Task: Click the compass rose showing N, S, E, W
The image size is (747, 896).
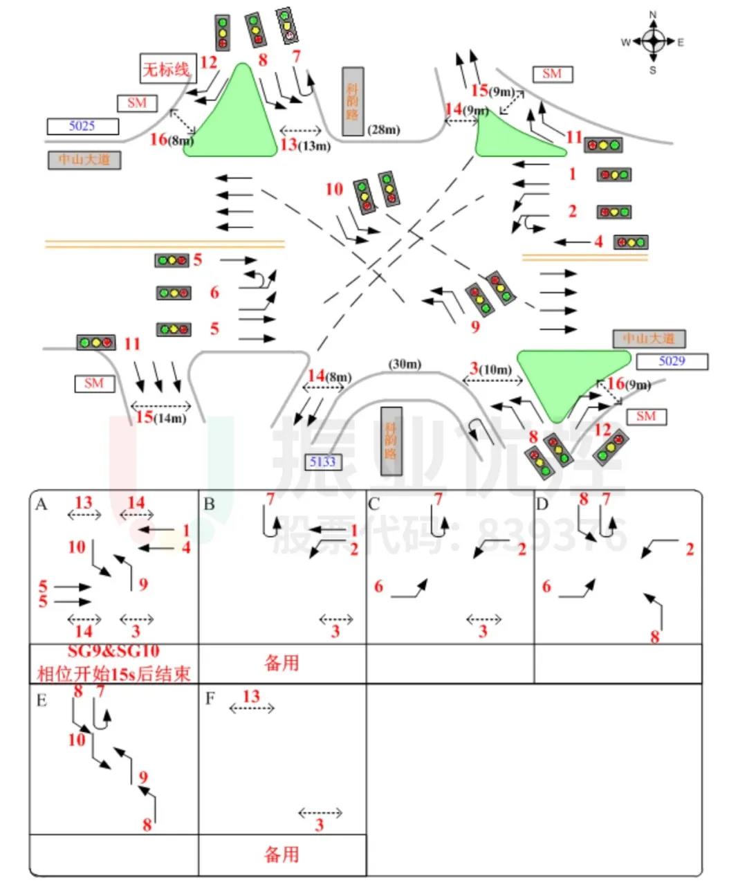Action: point(653,42)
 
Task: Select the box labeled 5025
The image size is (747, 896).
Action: point(82,126)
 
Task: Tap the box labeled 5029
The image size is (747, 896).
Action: point(672,361)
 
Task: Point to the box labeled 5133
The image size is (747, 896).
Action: point(322,461)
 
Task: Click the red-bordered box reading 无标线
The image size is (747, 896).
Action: point(166,68)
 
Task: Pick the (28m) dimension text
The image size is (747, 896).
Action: point(384,129)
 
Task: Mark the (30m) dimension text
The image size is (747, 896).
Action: point(405,364)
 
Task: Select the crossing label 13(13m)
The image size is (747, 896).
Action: point(305,145)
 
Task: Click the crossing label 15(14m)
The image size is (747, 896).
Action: point(160,417)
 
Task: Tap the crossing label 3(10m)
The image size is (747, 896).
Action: point(491,369)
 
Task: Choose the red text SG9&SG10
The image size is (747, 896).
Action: point(113,651)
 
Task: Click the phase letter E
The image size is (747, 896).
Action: point(41,700)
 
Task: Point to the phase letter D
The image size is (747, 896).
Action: point(542,504)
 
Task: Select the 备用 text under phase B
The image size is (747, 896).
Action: point(282,663)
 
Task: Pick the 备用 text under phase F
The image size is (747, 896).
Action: point(282,854)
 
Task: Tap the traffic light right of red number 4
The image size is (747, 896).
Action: point(631,242)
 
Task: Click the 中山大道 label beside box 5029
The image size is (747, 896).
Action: point(649,338)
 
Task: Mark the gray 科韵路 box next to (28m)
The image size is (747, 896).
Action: point(353,101)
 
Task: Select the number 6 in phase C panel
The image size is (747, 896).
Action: point(378,587)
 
